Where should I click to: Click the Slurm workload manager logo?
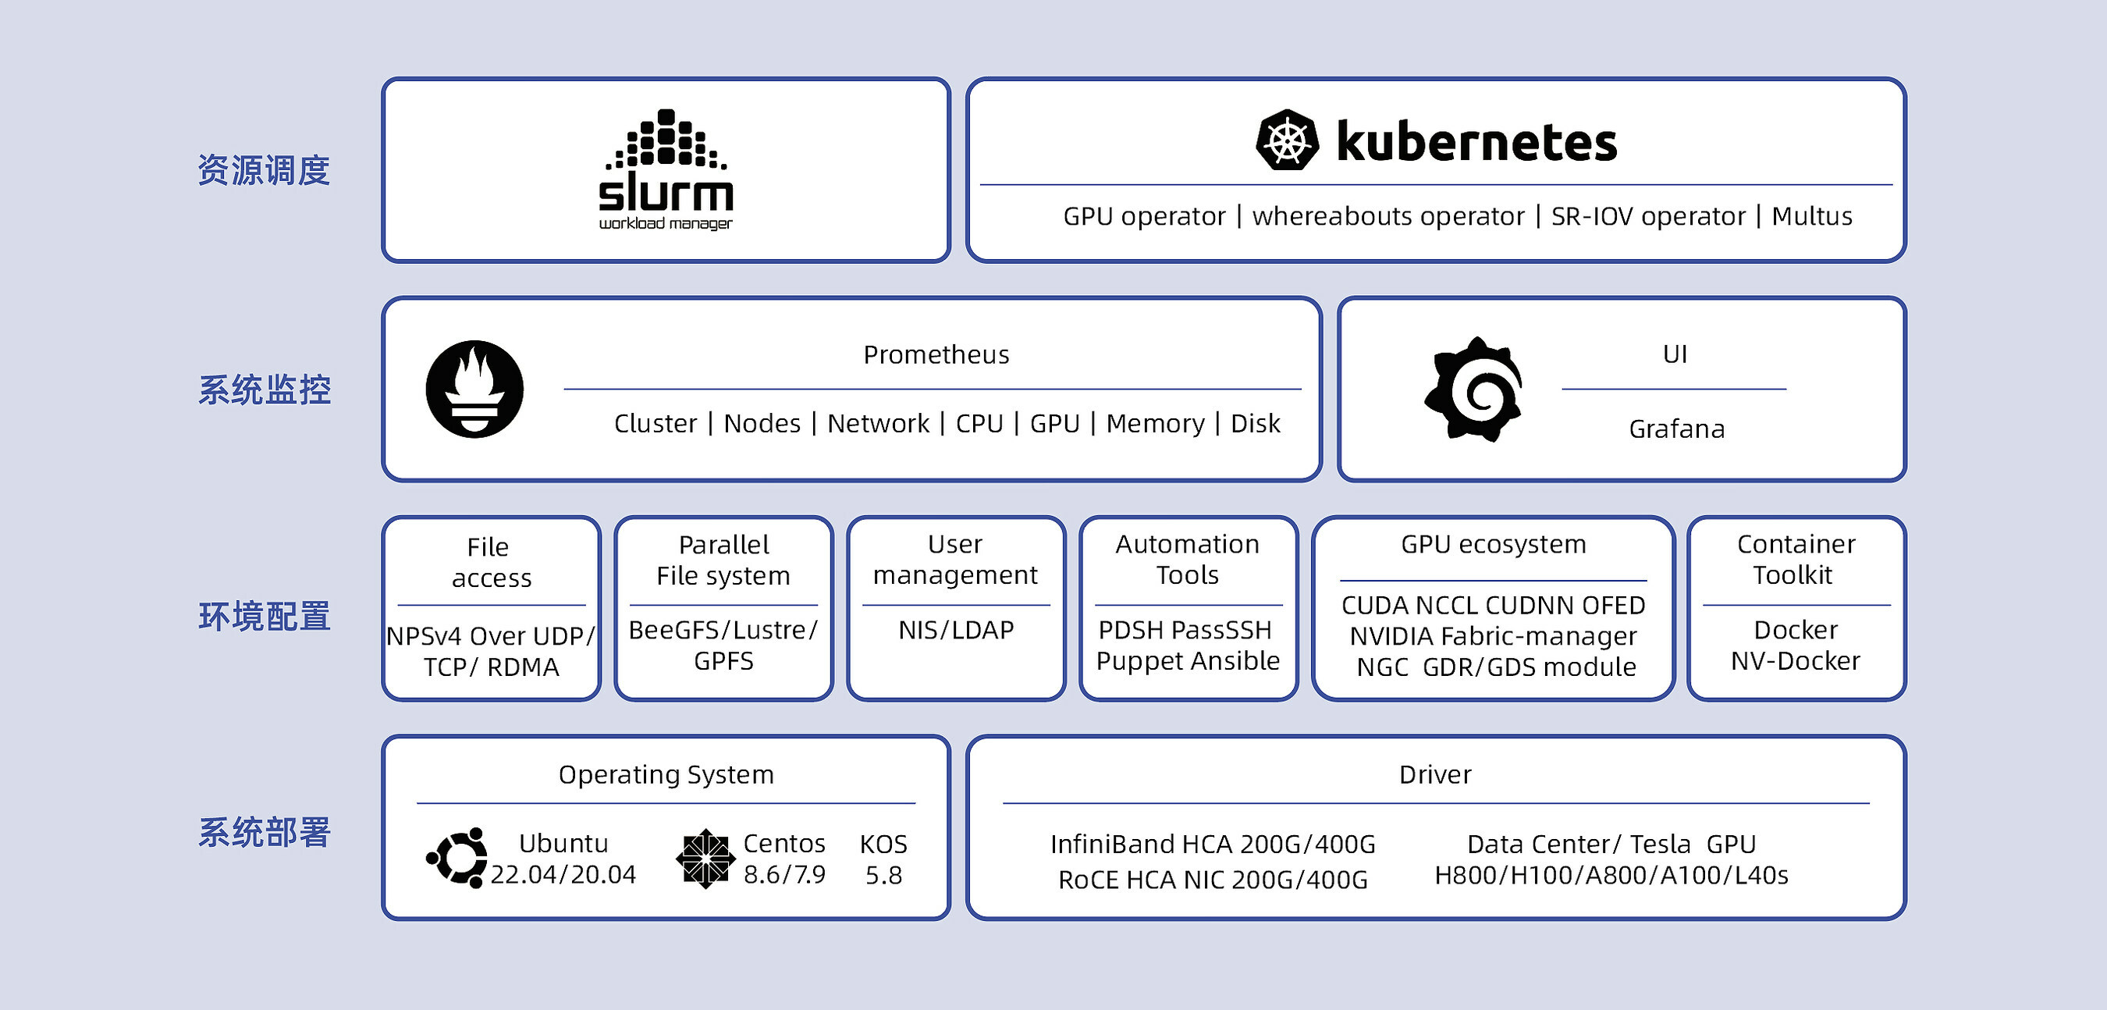pos(666,170)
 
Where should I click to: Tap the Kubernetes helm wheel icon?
pos(1287,140)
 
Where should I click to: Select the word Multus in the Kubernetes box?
pos(1811,216)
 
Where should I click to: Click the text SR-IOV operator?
pos(1647,216)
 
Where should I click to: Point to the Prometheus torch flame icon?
pos(474,389)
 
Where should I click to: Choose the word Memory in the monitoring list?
pos(1154,424)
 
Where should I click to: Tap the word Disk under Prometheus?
pos(1255,424)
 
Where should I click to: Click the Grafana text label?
pos(1676,429)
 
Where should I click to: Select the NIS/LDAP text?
pos(955,630)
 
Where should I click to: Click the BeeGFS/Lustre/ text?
pos(723,630)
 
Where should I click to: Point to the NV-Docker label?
pos(1795,661)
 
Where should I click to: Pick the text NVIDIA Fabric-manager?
pos(1493,636)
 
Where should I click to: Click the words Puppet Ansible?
pos(1188,661)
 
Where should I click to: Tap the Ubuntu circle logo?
pos(457,858)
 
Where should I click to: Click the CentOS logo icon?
pos(704,859)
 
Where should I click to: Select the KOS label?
pos(883,844)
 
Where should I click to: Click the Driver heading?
pos(1434,774)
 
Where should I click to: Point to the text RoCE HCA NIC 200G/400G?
pos(1212,880)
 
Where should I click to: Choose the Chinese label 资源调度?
pos(264,170)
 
